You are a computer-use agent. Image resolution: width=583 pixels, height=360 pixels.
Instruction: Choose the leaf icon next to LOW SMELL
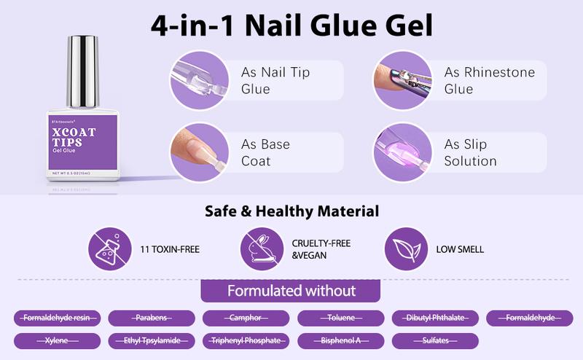point(407,249)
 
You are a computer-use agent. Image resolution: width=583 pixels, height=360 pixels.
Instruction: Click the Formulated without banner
point(291,291)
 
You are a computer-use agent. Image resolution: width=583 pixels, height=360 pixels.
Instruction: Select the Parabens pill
point(152,318)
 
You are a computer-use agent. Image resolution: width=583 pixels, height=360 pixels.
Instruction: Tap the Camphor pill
point(246,318)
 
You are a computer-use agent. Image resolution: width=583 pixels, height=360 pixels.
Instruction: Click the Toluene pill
point(340,318)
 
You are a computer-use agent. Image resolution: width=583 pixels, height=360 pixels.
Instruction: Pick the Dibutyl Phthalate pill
point(435,318)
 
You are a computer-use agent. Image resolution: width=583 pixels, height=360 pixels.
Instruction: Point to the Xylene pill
point(57,340)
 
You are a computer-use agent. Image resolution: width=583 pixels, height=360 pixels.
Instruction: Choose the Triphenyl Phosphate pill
point(246,340)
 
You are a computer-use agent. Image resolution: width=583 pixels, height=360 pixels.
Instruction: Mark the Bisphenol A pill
point(340,340)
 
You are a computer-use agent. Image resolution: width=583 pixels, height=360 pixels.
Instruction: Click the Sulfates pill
point(435,340)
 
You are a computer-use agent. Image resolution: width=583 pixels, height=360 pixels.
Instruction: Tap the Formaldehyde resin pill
point(57,318)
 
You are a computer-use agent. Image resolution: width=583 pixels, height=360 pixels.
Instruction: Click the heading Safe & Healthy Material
point(291,212)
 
